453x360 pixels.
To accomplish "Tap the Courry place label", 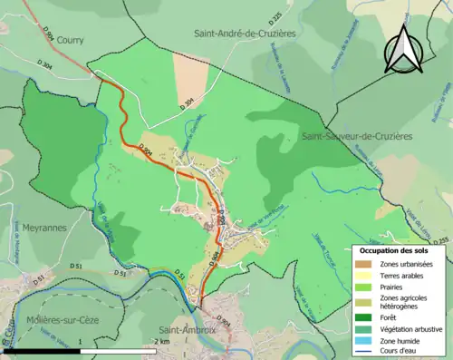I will tap(70, 40).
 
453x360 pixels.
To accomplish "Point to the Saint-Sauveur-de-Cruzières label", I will tap(356, 136).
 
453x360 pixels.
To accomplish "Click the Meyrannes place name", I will tap(21, 229).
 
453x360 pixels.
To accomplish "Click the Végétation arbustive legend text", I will tap(409, 327).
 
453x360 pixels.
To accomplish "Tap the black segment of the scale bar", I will tap(41, 350).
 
